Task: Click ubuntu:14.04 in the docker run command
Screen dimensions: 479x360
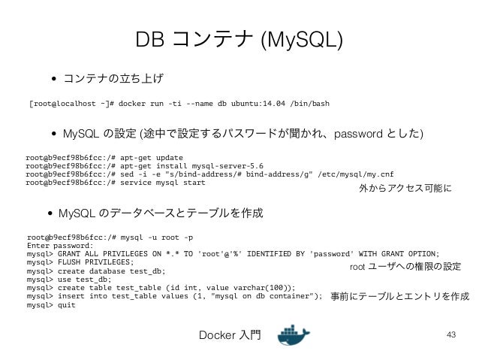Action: tap(250, 102)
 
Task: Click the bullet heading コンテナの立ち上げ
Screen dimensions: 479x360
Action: tap(113, 78)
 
